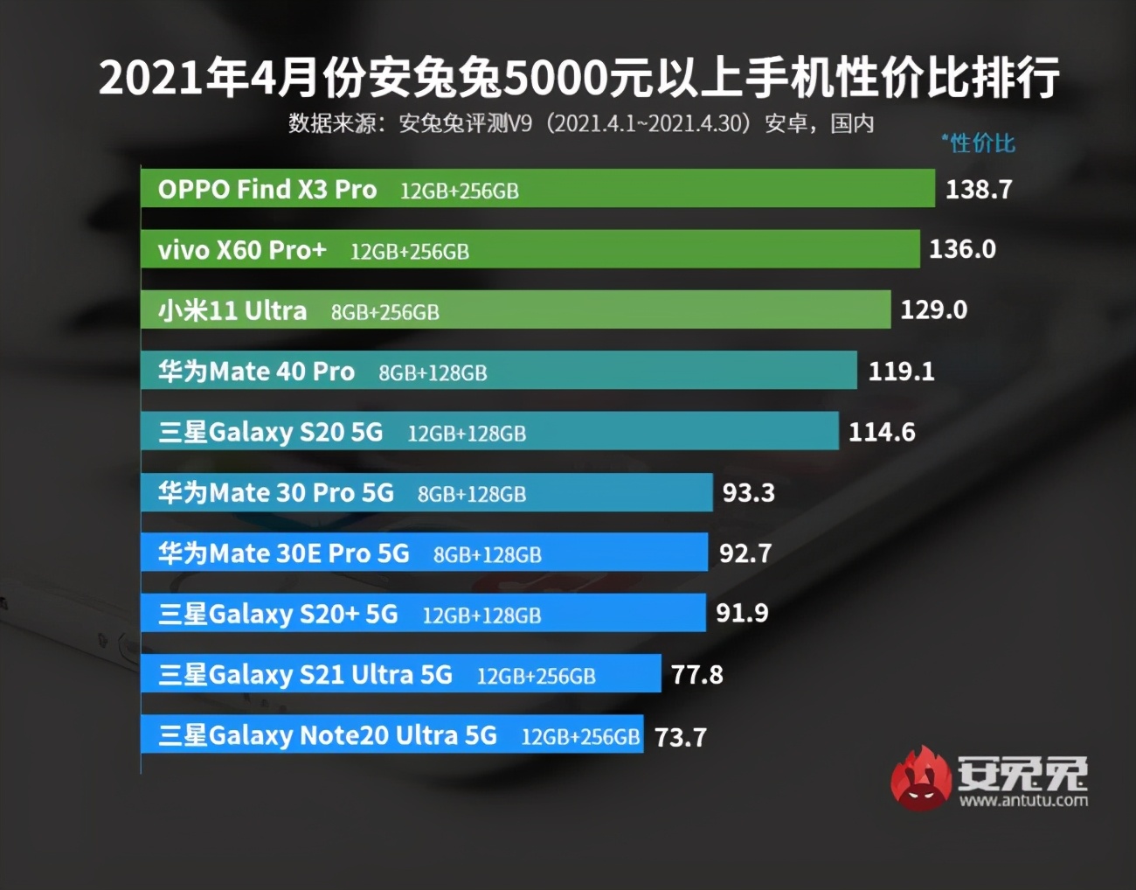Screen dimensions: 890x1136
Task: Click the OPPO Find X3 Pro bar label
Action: pyautogui.click(x=267, y=190)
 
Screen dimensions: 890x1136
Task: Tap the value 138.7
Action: pyautogui.click(x=979, y=190)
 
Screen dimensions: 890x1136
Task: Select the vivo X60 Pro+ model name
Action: pyautogui.click(x=242, y=251)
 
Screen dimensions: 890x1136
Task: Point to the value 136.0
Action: pyautogui.click(x=962, y=250)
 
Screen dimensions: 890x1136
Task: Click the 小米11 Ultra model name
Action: pyautogui.click(x=232, y=311)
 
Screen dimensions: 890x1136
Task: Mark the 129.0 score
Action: pyautogui.click(x=933, y=310)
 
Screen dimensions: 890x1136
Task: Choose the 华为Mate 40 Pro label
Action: pyautogui.click(x=256, y=372)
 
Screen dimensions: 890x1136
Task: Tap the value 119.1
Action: pyautogui.click(x=901, y=372)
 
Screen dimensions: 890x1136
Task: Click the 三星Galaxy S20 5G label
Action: pyautogui.click(x=271, y=433)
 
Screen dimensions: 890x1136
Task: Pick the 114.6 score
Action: pyautogui.click(x=882, y=432)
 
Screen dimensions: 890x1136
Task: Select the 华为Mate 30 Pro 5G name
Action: pyautogui.click(x=276, y=493)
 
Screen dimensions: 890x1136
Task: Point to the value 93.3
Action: pyautogui.click(x=748, y=493)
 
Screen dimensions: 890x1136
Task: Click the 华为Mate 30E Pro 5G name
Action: pyautogui.click(x=284, y=553)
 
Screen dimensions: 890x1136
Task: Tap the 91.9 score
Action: pyautogui.click(x=742, y=614)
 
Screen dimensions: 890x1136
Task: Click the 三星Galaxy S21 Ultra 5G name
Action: pyautogui.click(x=306, y=675)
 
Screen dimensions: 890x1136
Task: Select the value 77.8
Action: pyautogui.click(x=696, y=675)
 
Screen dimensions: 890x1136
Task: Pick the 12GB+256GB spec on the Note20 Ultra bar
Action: pyautogui.click(x=580, y=737)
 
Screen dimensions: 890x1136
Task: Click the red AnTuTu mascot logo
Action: pyautogui.click(x=920, y=778)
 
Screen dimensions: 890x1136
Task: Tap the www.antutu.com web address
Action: pyautogui.click(x=1023, y=800)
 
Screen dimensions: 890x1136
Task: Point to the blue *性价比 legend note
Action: pyautogui.click(x=978, y=143)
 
